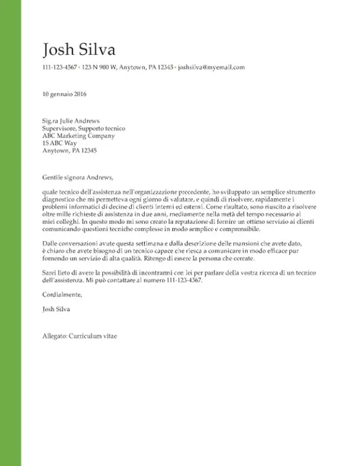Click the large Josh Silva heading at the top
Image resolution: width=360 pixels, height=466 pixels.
click(x=78, y=49)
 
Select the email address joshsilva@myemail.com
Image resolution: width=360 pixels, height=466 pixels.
click(x=211, y=67)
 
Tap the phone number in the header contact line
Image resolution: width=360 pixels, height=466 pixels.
click(x=60, y=67)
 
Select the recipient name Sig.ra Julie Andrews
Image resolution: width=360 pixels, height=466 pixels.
click(x=71, y=121)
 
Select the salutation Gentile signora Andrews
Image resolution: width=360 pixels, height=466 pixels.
click(x=78, y=177)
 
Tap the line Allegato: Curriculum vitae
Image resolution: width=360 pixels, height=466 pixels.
click(x=79, y=336)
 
